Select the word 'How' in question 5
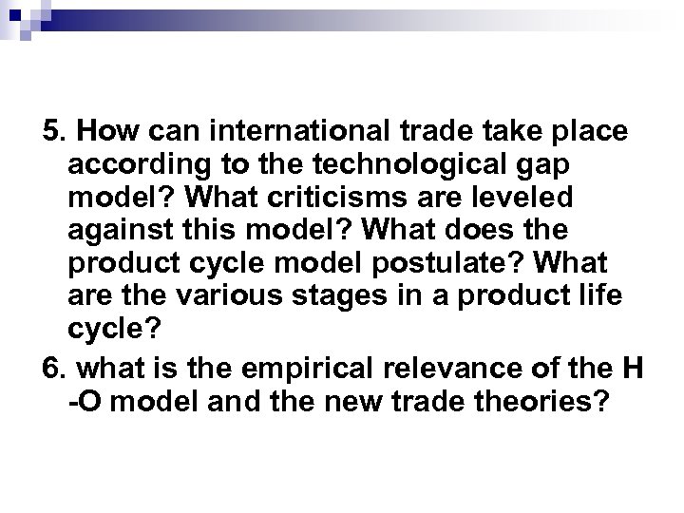pos(102,130)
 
